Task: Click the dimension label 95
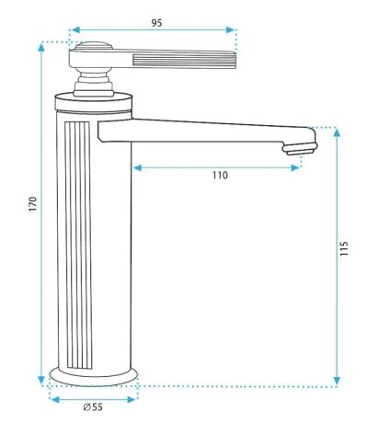coord(156,23)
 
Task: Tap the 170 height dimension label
coord(33,203)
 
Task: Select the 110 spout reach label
coord(220,176)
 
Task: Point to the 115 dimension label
coord(344,249)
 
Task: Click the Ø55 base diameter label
coord(93,407)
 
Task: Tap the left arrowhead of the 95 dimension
coord(74,30)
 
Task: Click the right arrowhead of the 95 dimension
coord(230,30)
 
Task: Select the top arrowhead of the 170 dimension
coord(41,47)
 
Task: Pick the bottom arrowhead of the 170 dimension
coord(41,380)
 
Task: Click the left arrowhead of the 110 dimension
coord(138,167)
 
